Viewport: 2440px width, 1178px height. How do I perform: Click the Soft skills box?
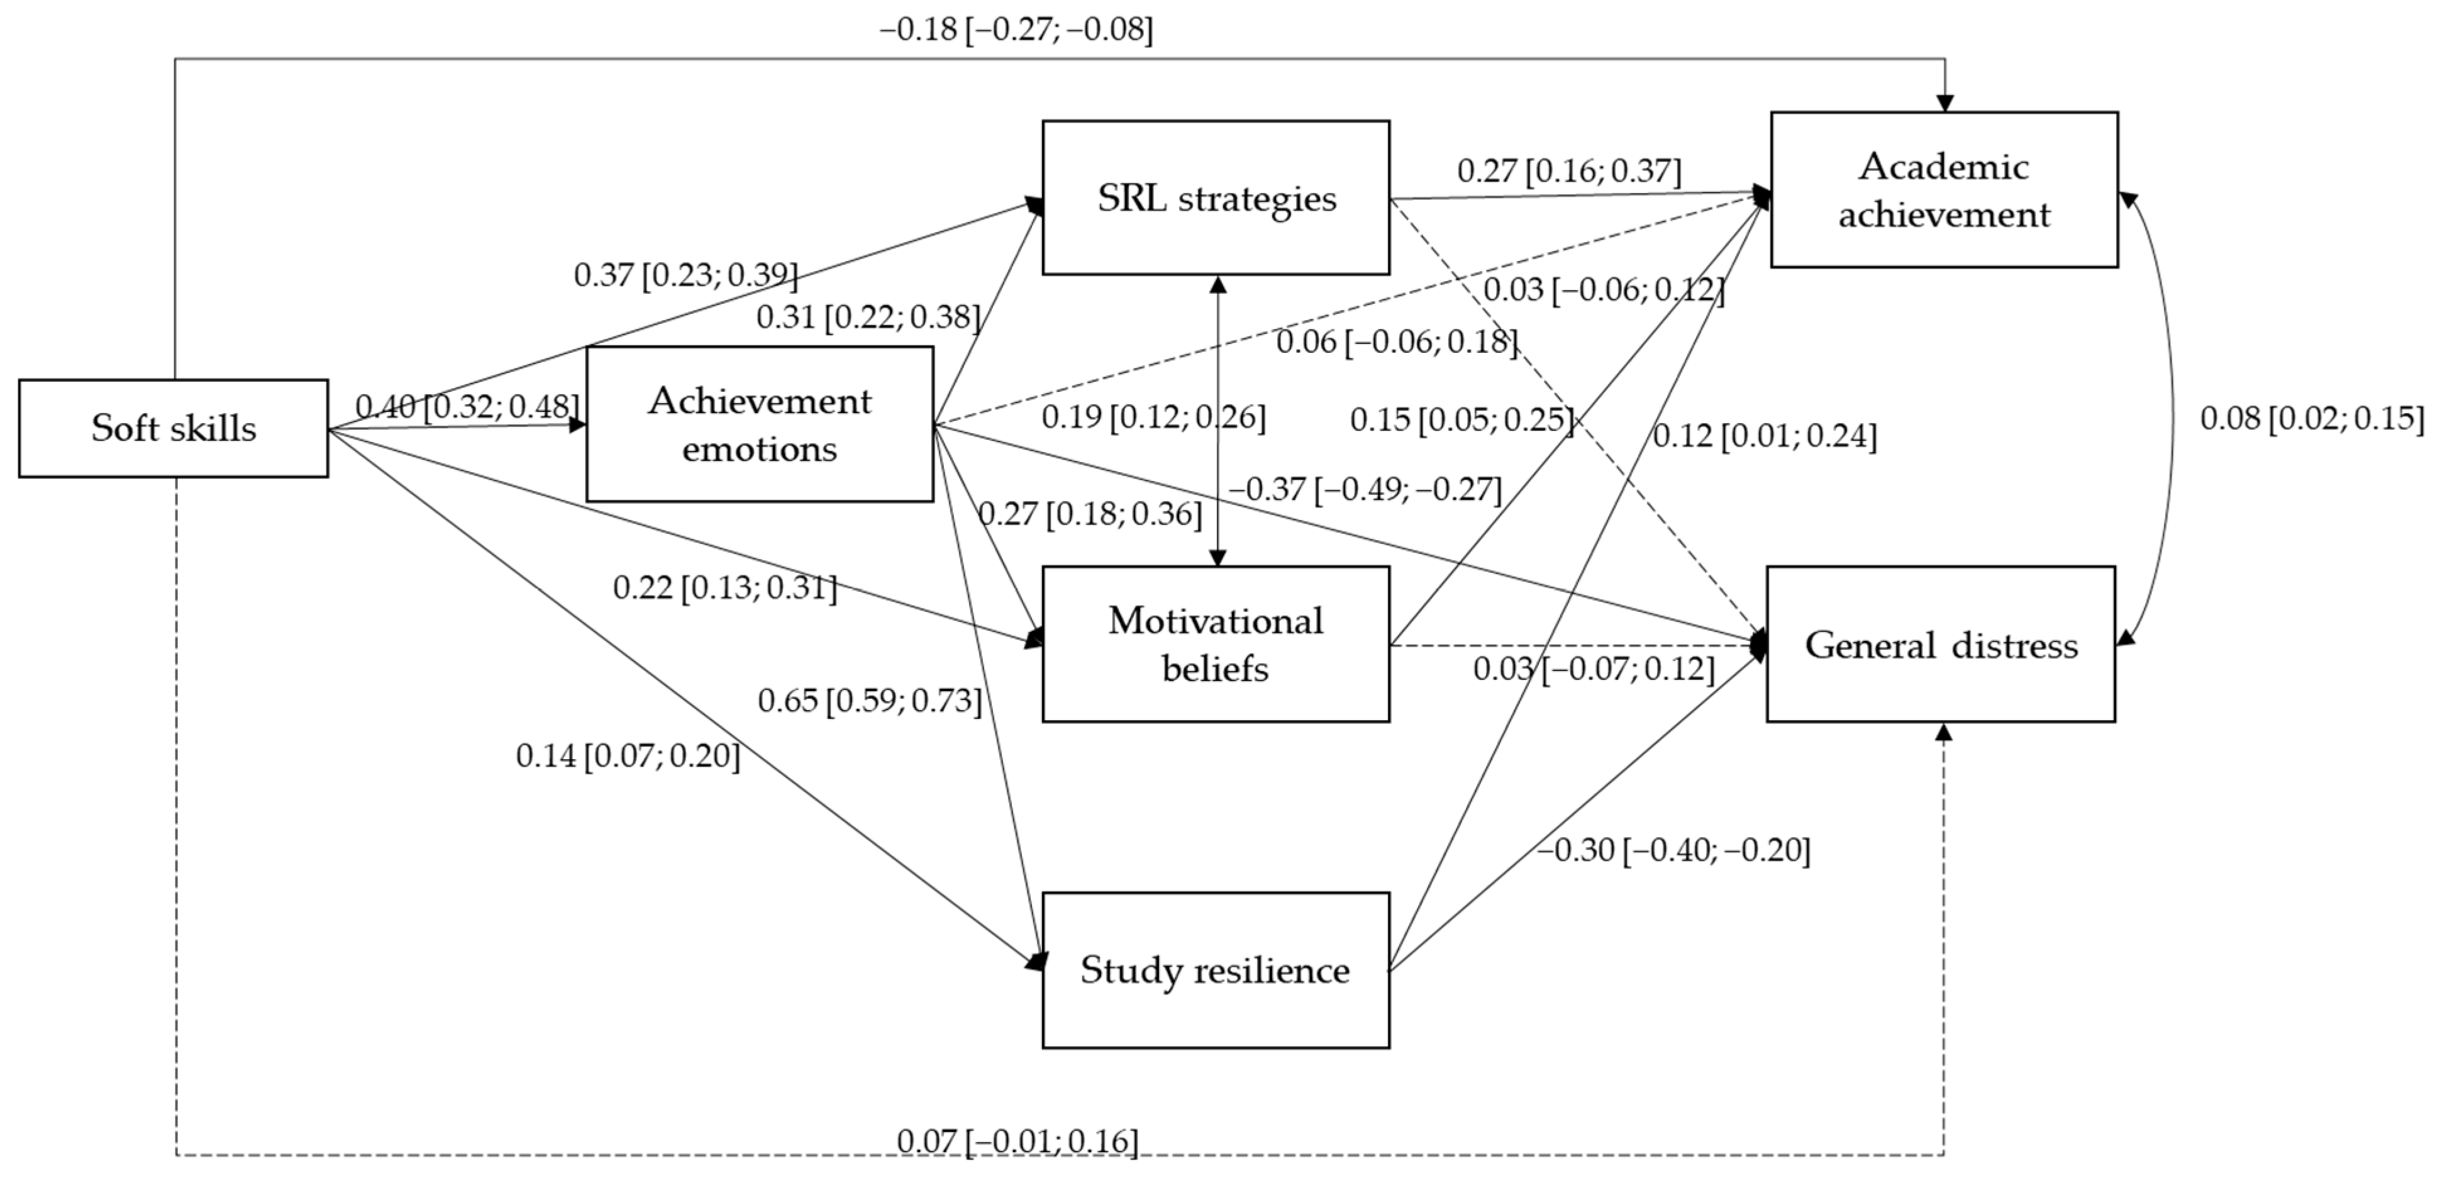174,428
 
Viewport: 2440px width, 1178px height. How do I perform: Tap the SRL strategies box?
1216,198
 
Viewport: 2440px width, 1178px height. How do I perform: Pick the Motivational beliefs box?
1216,644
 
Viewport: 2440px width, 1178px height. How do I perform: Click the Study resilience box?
1216,970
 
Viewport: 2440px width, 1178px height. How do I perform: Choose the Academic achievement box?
1944,189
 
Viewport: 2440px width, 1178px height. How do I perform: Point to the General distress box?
1940,644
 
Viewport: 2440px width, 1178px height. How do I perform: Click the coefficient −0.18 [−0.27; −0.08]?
1016,30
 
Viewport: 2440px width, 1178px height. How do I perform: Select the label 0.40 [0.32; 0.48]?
467,406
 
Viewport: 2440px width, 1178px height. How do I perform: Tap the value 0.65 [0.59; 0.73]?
870,701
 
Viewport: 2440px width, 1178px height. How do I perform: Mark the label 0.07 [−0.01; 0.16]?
1018,1141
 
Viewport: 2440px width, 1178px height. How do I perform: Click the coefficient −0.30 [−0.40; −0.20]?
1673,850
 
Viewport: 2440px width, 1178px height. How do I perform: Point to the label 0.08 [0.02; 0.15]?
2311,418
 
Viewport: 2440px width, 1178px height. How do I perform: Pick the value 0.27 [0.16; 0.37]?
1568,172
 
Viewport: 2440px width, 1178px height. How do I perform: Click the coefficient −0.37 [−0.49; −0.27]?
1365,489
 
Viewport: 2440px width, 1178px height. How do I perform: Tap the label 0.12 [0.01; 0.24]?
1764,436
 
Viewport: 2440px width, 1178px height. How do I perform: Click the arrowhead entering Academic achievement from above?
1944,103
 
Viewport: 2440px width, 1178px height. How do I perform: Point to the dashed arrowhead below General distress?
1944,732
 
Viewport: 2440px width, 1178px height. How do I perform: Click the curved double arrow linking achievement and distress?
2172,418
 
